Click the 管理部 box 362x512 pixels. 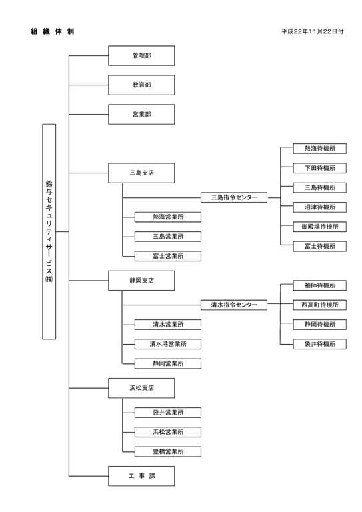pos(141,55)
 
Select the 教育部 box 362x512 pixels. pos(141,85)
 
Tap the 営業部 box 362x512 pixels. pos(141,114)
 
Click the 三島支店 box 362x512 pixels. pos(141,173)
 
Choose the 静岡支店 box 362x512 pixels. pos(141,281)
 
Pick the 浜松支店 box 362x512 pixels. pos(141,388)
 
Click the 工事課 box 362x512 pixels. pos(141,476)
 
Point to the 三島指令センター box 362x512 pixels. pos(234,197)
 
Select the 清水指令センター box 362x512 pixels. pos(234,305)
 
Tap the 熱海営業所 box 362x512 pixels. pos(168,217)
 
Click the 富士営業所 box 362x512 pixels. pos(168,256)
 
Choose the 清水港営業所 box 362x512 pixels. pos(168,344)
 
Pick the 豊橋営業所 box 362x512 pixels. pos(168,451)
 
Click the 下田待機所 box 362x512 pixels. pos(319,168)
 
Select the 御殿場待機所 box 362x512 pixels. pos(319,227)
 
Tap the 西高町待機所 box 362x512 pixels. pos(319,305)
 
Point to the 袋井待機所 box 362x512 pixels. pos(319,344)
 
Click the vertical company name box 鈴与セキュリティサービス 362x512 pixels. pos(49,231)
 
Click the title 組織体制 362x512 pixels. pos(52,31)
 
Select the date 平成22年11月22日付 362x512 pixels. pos(313,31)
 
